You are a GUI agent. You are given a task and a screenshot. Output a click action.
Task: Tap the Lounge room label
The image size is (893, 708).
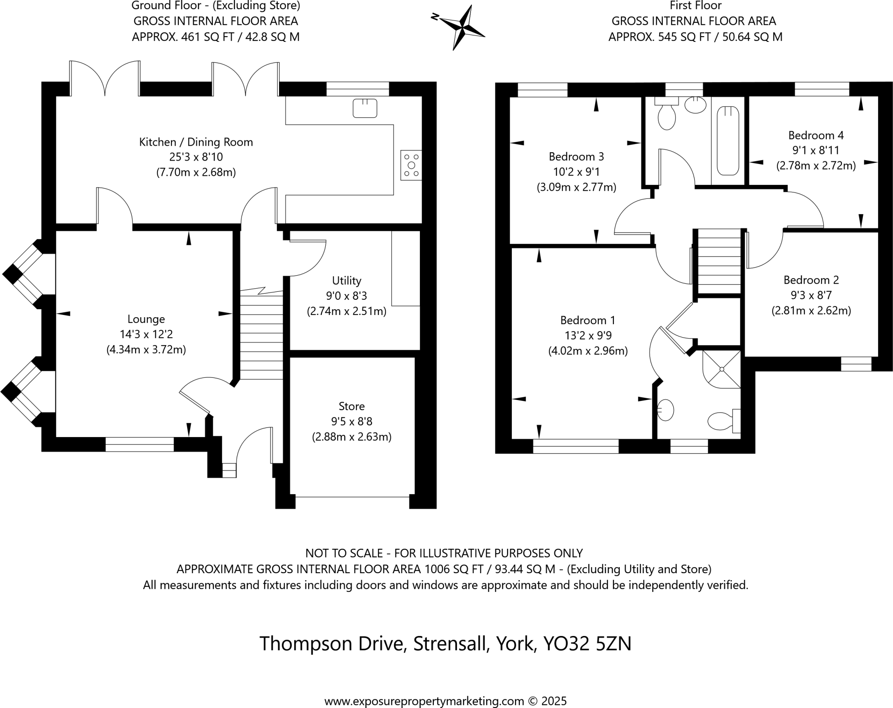tap(146, 319)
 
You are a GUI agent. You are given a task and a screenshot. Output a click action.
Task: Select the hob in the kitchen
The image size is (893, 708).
tap(411, 165)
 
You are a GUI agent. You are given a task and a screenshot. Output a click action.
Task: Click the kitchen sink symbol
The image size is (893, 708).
tap(365, 108)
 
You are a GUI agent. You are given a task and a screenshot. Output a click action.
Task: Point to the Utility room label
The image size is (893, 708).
tap(347, 280)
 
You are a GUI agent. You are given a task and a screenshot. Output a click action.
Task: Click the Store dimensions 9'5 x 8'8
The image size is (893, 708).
tap(351, 421)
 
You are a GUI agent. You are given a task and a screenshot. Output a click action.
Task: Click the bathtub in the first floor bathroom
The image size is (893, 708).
tap(728, 141)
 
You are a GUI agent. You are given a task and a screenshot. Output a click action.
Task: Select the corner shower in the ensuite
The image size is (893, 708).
tap(722, 369)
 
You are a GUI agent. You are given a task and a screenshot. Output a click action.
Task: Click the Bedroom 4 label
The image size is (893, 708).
tap(816, 135)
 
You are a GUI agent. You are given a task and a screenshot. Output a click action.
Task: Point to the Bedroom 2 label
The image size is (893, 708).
tap(811, 280)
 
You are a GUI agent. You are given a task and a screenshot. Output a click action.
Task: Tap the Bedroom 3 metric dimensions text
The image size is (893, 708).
tap(576, 188)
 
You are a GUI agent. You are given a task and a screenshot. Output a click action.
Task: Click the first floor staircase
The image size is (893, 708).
tap(719, 262)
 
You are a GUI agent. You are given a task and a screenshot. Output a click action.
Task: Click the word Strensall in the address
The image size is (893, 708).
tap(450, 643)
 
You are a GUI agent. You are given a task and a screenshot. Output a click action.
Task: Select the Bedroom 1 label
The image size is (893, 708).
tap(587, 320)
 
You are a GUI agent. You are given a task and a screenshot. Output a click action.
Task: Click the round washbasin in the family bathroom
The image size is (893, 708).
tap(695, 105)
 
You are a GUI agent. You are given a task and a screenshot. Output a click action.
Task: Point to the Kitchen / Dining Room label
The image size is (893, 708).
tap(196, 142)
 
